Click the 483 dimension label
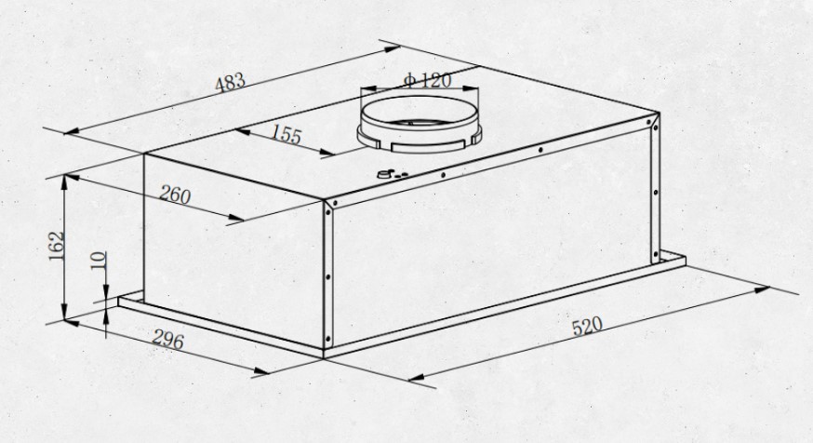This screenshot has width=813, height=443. coord(230,83)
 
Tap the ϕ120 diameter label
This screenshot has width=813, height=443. coord(427,80)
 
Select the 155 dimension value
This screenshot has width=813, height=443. coord(286,134)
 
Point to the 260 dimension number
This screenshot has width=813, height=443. coord(175,195)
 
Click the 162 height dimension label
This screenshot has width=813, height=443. coord(57,246)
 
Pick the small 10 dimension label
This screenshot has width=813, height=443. coord(99,261)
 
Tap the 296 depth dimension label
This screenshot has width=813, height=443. coord(167,340)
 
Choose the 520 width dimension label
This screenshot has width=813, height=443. coord(587,327)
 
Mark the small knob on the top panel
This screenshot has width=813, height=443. coord(385,174)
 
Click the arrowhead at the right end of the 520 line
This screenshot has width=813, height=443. coord(762,289)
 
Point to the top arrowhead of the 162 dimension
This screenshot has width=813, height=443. coord(64,182)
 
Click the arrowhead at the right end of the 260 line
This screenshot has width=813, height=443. coord(236,218)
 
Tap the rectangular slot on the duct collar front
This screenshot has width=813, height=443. coord(427,145)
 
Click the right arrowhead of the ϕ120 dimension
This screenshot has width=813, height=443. coord(472,88)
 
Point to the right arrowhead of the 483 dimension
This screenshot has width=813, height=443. coord(392,48)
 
